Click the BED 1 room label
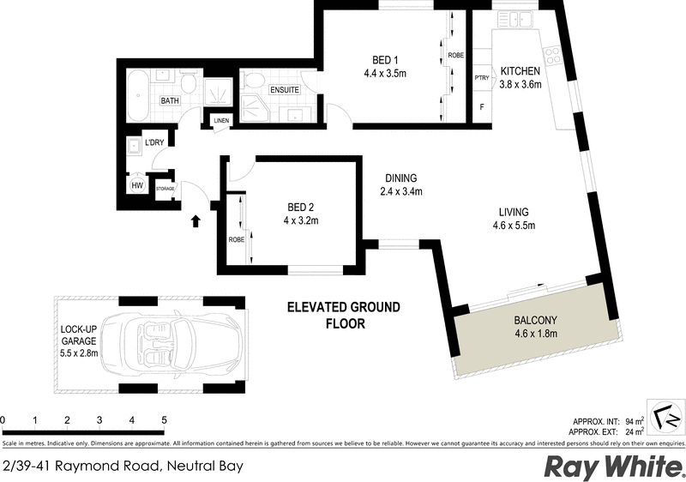385,59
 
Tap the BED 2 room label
301,207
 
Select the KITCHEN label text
521,70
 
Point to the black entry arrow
196,221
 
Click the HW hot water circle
136,185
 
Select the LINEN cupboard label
222,121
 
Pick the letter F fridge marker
481,109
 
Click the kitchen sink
520,18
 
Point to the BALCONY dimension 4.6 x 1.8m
536,334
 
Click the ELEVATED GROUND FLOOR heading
343,315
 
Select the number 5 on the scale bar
164,419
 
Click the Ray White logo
612,467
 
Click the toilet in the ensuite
253,82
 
